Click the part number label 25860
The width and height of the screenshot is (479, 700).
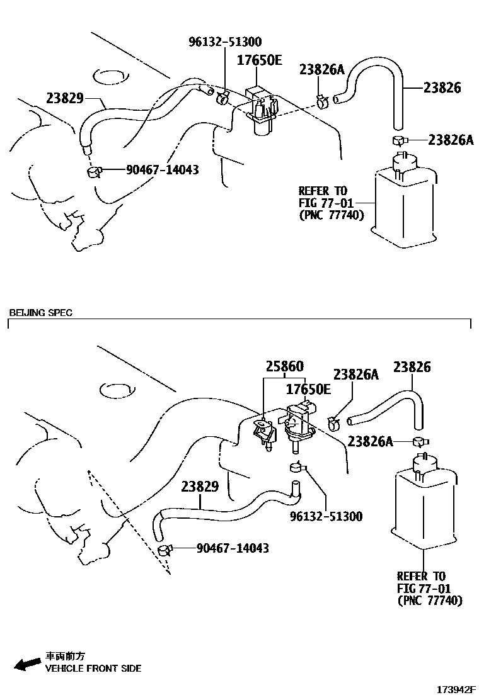tap(284, 366)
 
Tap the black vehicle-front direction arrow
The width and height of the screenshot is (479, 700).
tap(27, 663)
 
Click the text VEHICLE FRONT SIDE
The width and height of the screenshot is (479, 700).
tap(93, 669)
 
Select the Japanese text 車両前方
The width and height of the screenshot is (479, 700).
tap(64, 656)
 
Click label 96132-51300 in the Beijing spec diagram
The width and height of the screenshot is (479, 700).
tap(326, 516)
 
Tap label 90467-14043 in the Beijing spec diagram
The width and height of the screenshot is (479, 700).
tap(233, 548)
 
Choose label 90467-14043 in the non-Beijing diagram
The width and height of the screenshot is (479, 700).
tap(163, 169)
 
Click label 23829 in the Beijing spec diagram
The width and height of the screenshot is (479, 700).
tap(200, 487)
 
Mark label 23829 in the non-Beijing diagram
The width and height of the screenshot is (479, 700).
tap(65, 98)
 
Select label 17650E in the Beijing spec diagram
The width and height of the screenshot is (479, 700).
tap(308, 389)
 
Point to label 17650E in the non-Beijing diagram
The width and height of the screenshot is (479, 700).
tap(259, 61)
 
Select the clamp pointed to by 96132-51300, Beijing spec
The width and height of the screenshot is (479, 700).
tap(296, 468)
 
